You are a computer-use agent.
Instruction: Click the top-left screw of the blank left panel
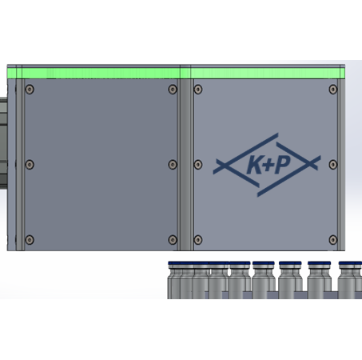(30, 90)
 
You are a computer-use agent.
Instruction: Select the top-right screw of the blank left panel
(173, 90)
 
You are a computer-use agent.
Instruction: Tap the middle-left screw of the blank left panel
(30, 165)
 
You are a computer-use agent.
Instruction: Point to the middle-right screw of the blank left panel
(173, 165)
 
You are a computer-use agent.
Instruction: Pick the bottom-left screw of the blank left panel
(30, 240)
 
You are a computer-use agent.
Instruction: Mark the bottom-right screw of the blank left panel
(173, 240)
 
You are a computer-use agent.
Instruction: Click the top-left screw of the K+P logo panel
(198, 90)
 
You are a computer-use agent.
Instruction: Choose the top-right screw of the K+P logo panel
(333, 90)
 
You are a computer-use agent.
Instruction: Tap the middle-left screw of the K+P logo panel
(198, 165)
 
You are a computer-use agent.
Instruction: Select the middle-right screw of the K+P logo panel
(333, 165)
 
